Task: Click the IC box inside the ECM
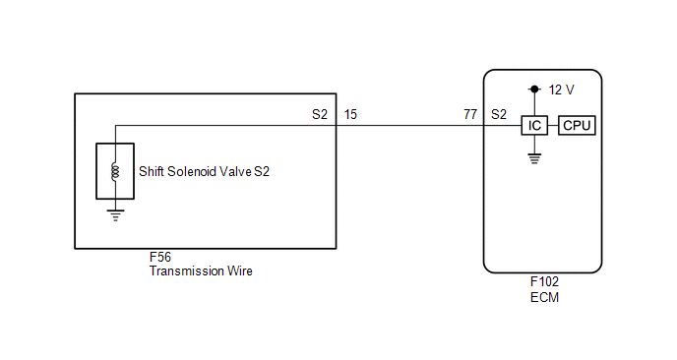[x=534, y=126]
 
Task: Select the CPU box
[x=577, y=126]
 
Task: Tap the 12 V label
[x=561, y=90]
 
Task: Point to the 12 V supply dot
[x=534, y=90]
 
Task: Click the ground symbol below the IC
[x=534, y=158]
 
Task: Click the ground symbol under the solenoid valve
[x=115, y=215]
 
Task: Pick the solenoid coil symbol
[x=115, y=171]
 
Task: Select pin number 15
[x=350, y=114]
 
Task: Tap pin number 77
[x=470, y=114]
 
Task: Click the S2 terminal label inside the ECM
[x=499, y=114]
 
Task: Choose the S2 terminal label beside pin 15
[x=320, y=114]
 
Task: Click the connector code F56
[x=160, y=258]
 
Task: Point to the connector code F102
[x=544, y=282]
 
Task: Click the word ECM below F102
[x=544, y=297]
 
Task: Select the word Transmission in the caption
[x=187, y=271]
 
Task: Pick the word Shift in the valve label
[x=152, y=172]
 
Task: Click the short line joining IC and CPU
[x=553, y=126]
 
